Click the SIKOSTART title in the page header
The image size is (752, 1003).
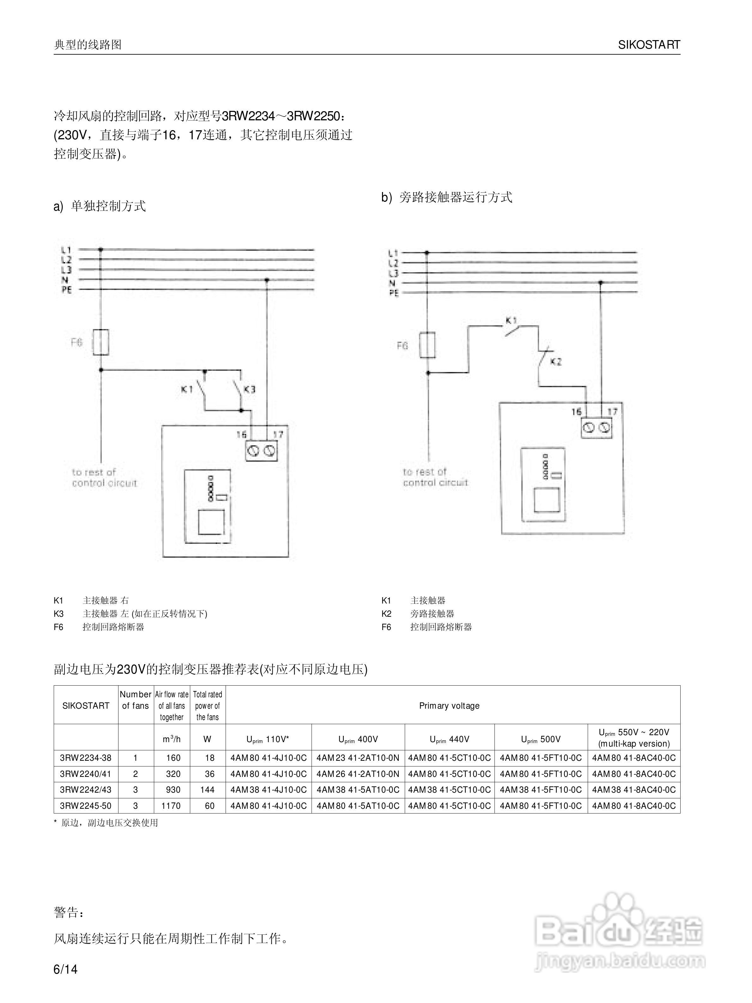pyautogui.click(x=649, y=45)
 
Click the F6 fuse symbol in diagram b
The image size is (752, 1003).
pyautogui.click(x=427, y=345)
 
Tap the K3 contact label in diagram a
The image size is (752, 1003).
pyautogui.click(x=250, y=389)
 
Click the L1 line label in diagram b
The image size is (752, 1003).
pyautogui.click(x=393, y=253)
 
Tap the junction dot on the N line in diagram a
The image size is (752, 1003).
pyautogui.click(x=267, y=280)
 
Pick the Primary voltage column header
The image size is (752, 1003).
pyautogui.click(x=449, y=706)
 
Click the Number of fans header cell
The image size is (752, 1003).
pyautogui.click(x=135, y=700)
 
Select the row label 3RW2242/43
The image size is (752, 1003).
pyautogui.click(x=86, y=790)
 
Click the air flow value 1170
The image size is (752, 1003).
pyautogui.click(x=173, y=806)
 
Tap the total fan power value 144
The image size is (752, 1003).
pyautogui.click(x=207, y=790)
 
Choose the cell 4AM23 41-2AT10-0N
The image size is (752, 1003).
pyautogui.click(x=358, y=758)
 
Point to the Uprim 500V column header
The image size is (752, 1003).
pyautogui.click(x=541, y=739)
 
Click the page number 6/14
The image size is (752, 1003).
pyautogui.click(x=66, y=970)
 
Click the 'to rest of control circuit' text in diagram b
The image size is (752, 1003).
pyautogui.click(x=435, y=477)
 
